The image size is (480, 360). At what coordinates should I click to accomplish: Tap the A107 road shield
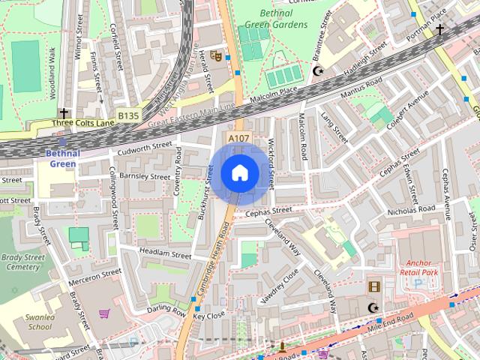coord(238,138)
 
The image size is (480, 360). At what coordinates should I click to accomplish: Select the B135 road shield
coord(128,115)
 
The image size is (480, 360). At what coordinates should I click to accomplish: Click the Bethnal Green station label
coord(61,158)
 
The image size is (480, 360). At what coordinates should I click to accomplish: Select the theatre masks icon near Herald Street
coord(215,55)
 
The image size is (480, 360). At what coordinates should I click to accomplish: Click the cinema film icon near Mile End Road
coord(373,286)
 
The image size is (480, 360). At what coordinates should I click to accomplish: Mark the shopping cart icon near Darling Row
coord(104,313)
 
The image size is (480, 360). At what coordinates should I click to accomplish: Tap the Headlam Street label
coord(166,255)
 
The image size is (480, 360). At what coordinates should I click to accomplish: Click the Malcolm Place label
coord(279,96)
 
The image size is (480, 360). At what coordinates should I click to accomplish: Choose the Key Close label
coord(209,316)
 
